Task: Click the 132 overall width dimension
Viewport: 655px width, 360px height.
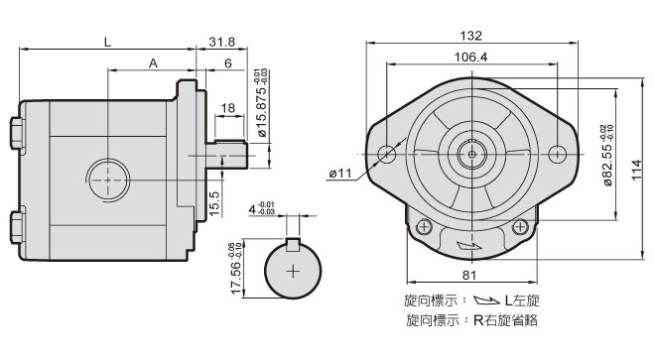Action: [x=470, y=36]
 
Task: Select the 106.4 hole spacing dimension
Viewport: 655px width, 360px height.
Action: [x=470, y=57]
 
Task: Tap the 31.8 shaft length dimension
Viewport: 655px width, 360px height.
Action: [x=222, y=42]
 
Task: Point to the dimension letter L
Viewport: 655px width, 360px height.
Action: [x=108, y=42]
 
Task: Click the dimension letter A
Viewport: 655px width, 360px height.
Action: [x=153, y=63]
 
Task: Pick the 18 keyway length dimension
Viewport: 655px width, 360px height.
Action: [x=227, y=108]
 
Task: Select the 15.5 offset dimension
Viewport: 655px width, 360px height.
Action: [x=214, y=204]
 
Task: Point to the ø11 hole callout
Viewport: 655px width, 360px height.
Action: [x=340, y=173]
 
